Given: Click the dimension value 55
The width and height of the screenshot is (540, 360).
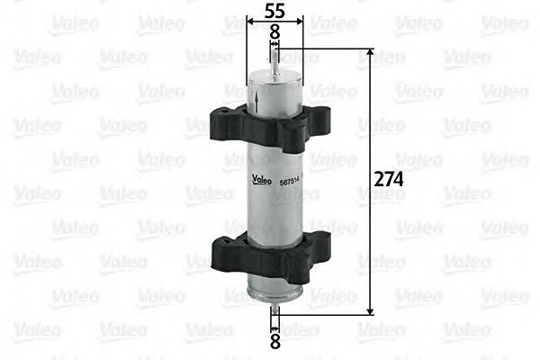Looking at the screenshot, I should click(x=274, y=11).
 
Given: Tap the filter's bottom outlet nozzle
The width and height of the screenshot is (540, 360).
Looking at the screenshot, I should click(x=274, y=310).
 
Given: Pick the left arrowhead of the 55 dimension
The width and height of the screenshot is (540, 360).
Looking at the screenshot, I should click(x=249, y=20).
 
